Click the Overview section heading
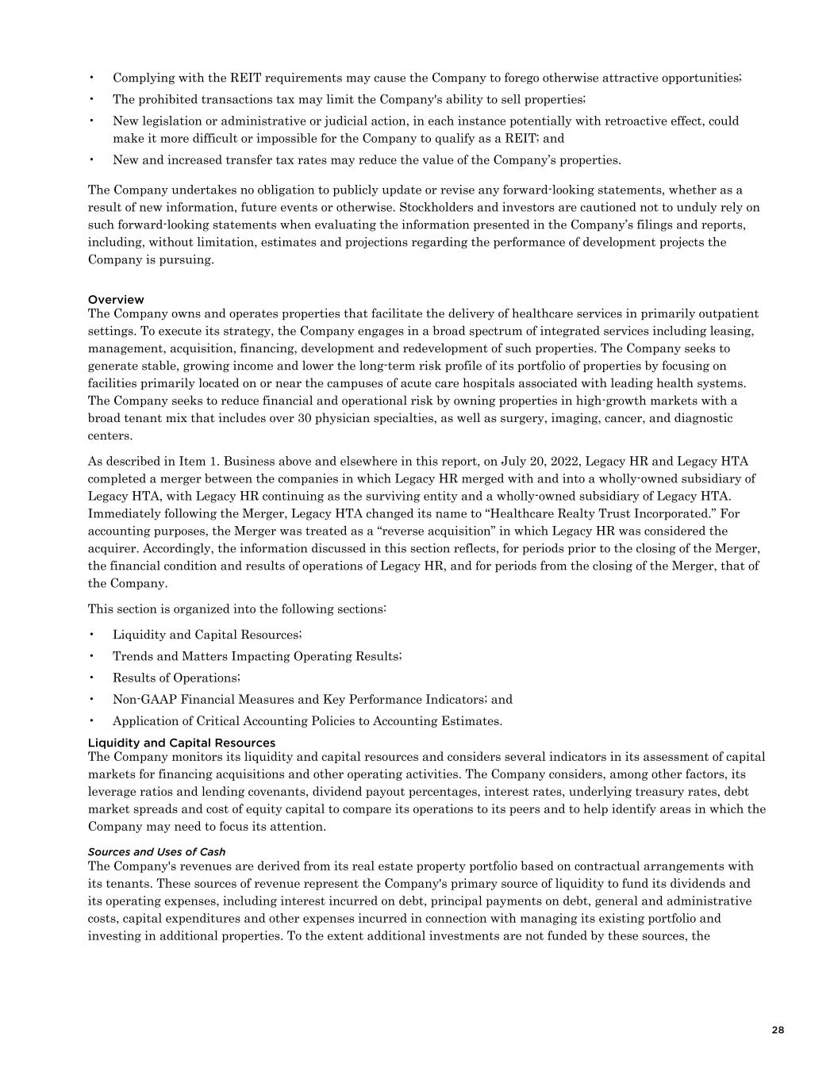(116, 299)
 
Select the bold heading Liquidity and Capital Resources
(181, 743)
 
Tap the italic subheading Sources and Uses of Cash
(156, 851)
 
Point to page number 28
(777, 1030)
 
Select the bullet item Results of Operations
(175, 678)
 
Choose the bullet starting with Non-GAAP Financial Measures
(312, 699)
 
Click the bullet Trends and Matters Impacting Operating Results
(256, 656)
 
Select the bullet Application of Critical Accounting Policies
(307, 720)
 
